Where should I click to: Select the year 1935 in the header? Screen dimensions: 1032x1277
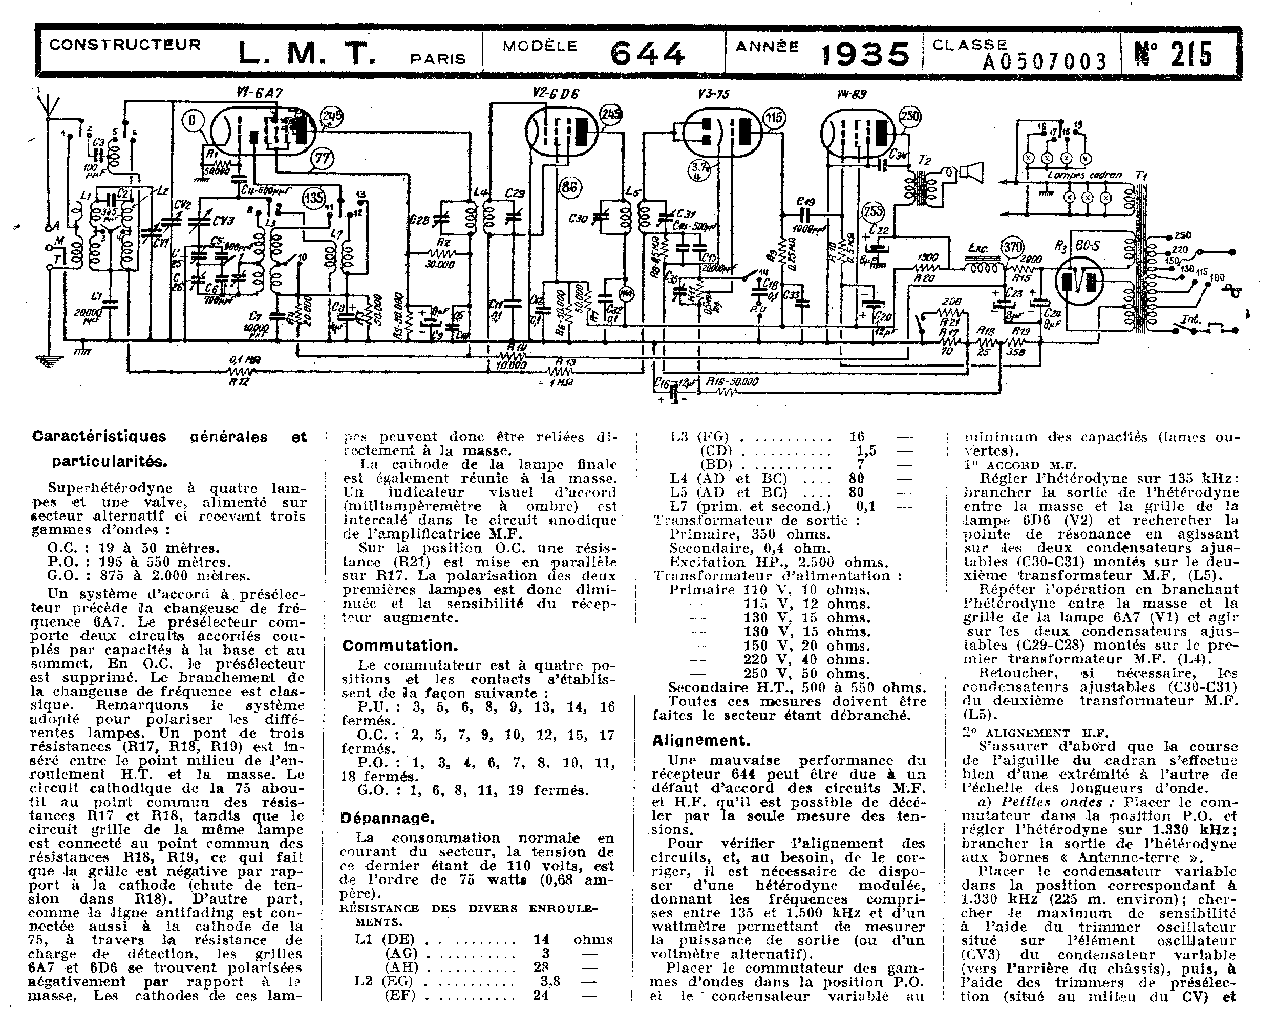coord(865,55)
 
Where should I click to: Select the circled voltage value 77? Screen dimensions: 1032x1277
coord(322,159)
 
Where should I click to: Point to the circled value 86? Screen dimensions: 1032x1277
coord(569,188)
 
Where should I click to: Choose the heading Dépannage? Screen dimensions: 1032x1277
coord(387,818)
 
